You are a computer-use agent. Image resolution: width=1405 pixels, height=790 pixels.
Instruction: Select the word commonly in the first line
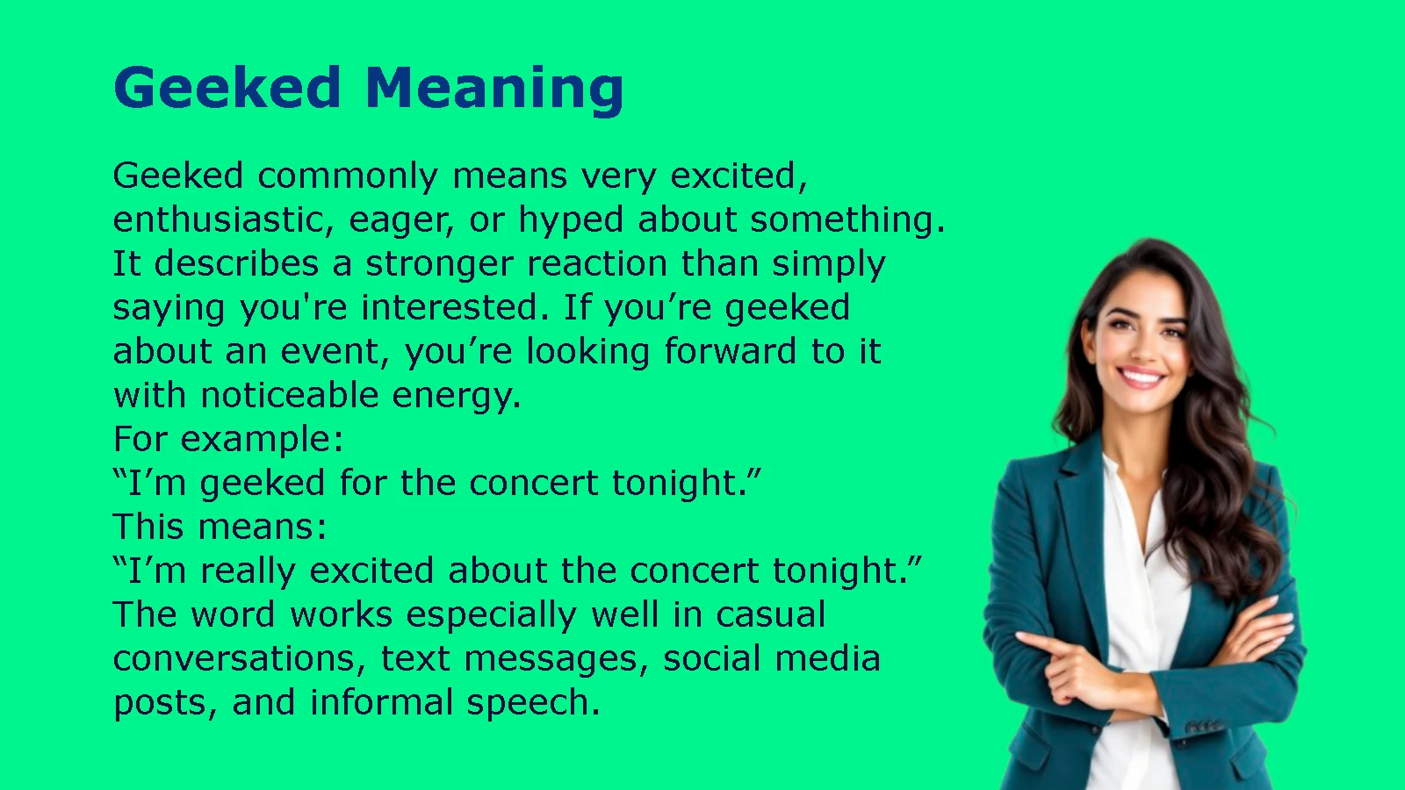[348, 176]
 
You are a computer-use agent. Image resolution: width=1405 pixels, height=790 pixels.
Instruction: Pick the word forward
[730, 350]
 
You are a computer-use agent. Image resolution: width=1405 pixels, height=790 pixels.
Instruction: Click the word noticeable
[289, 395]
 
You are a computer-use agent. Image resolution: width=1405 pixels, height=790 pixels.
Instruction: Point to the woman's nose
[1140, 348]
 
